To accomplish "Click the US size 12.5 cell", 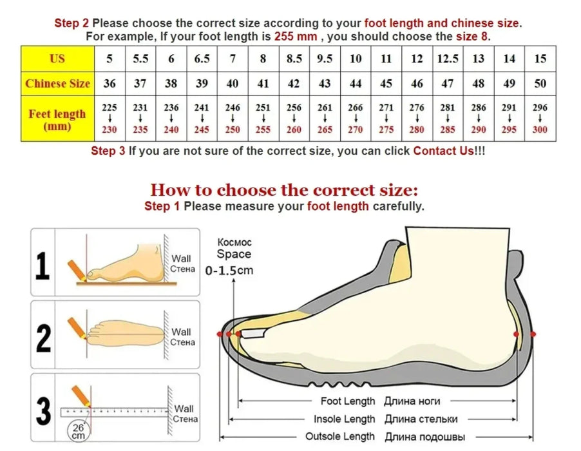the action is (x=448, y=59).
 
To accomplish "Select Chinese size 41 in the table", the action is (x=263, y=83).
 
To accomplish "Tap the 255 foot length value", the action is (x=263, y=130).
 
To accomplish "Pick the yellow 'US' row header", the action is (x=57, y=59).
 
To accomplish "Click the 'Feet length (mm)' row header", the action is (x=57, y=119).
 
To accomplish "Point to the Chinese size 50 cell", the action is (x=540, y=83).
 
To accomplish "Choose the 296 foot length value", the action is (x=540, y=108).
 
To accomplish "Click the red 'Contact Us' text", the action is (x=443, y=151).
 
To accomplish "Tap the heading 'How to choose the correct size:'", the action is (x=284, y=190).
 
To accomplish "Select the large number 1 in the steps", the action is (x=43, y=265).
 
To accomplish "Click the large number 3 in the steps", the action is (x=43, y=410).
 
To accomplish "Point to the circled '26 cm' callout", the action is (x=78, y=432).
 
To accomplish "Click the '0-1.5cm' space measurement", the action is (x=229, y=271).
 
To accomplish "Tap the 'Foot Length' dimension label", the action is (x=348, y=401).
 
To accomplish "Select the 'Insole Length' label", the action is (x=344, y=419).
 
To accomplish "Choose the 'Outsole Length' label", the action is (x=340, y=437).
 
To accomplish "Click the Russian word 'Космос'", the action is (x=234, y=242).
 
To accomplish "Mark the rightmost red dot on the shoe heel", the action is (x=533, y=334).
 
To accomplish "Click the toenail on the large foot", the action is (x=252, y=334).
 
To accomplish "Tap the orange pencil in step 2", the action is (x=77, y=328).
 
